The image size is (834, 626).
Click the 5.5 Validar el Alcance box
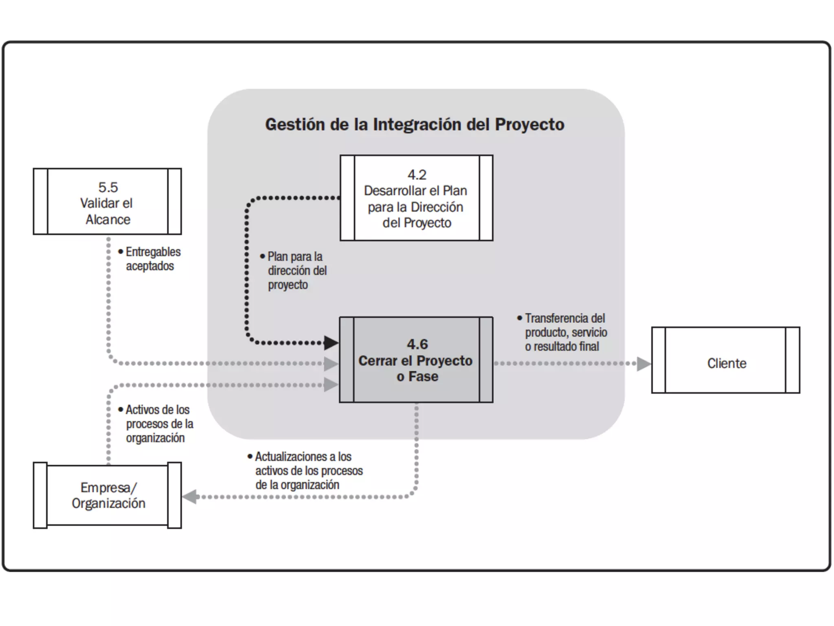tap(107, 201)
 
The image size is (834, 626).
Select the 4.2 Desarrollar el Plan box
tap(416, 198)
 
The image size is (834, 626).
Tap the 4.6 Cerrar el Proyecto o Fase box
tap(416, 360)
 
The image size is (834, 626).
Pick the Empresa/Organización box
tap(107, 496)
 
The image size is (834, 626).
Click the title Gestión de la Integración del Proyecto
tap(415, 124)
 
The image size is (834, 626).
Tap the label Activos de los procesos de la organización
tap(158, 423)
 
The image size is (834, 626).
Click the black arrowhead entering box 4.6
tap(331, 343)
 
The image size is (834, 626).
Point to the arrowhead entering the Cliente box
tap(643, 364)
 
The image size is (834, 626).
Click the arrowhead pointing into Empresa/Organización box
tap(190, 496)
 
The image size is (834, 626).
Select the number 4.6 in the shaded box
tap(417, 344)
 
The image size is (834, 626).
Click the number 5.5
tap(108, 187)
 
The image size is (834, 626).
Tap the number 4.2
tap(417, 175)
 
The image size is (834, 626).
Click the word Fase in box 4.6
tap(423, 377)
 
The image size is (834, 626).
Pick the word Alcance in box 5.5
tap(108, 220)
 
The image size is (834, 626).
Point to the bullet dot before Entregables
tap(121, 252)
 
